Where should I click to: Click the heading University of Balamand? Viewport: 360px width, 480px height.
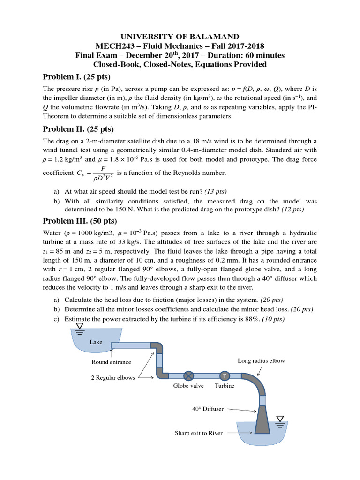pyautogui.click(x=180, y=37)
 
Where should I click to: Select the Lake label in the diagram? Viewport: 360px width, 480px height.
pyautogui.click(x=96, y=342)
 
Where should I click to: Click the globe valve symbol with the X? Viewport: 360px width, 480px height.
pyautogui.click(x=188, y=376)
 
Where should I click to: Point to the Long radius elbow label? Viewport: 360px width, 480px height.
pyautogui.click(x=261, y=360)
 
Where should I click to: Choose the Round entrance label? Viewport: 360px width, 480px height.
pyautogui.click(x=112, y=362)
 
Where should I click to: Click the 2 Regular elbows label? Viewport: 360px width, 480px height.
pyautogui.click(x=113, y=377)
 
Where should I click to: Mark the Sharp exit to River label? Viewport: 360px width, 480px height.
pyautogui.click(x=198, y=433)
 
